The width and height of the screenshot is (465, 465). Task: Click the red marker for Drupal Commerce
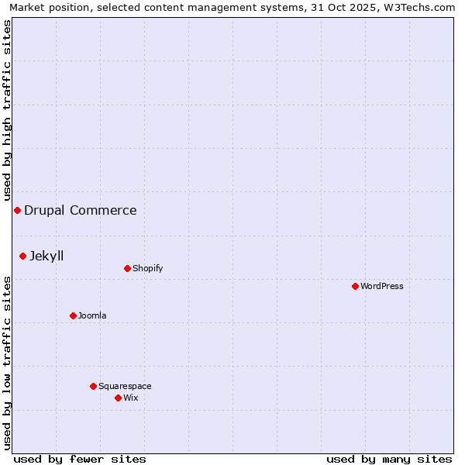17,211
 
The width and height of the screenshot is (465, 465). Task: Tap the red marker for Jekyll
22,256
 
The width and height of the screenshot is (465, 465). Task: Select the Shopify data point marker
127,269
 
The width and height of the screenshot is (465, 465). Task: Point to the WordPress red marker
355,286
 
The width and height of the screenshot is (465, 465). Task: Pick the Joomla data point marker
73,315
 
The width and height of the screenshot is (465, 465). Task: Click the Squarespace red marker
93,386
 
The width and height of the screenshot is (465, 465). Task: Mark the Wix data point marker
118,398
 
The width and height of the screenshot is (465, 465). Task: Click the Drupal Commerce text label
81,211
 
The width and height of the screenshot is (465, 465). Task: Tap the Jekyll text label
46,256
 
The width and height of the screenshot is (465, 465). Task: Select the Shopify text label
148,269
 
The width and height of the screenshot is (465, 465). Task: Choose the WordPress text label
382,286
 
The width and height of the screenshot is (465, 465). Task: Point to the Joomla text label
92,315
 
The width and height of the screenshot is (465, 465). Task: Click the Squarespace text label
125,386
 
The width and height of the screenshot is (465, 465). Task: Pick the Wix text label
130,398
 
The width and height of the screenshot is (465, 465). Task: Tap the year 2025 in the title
363,7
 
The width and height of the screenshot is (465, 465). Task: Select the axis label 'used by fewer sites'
80,459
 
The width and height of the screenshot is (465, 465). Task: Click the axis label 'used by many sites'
389,459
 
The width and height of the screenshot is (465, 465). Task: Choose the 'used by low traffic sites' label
7,363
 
